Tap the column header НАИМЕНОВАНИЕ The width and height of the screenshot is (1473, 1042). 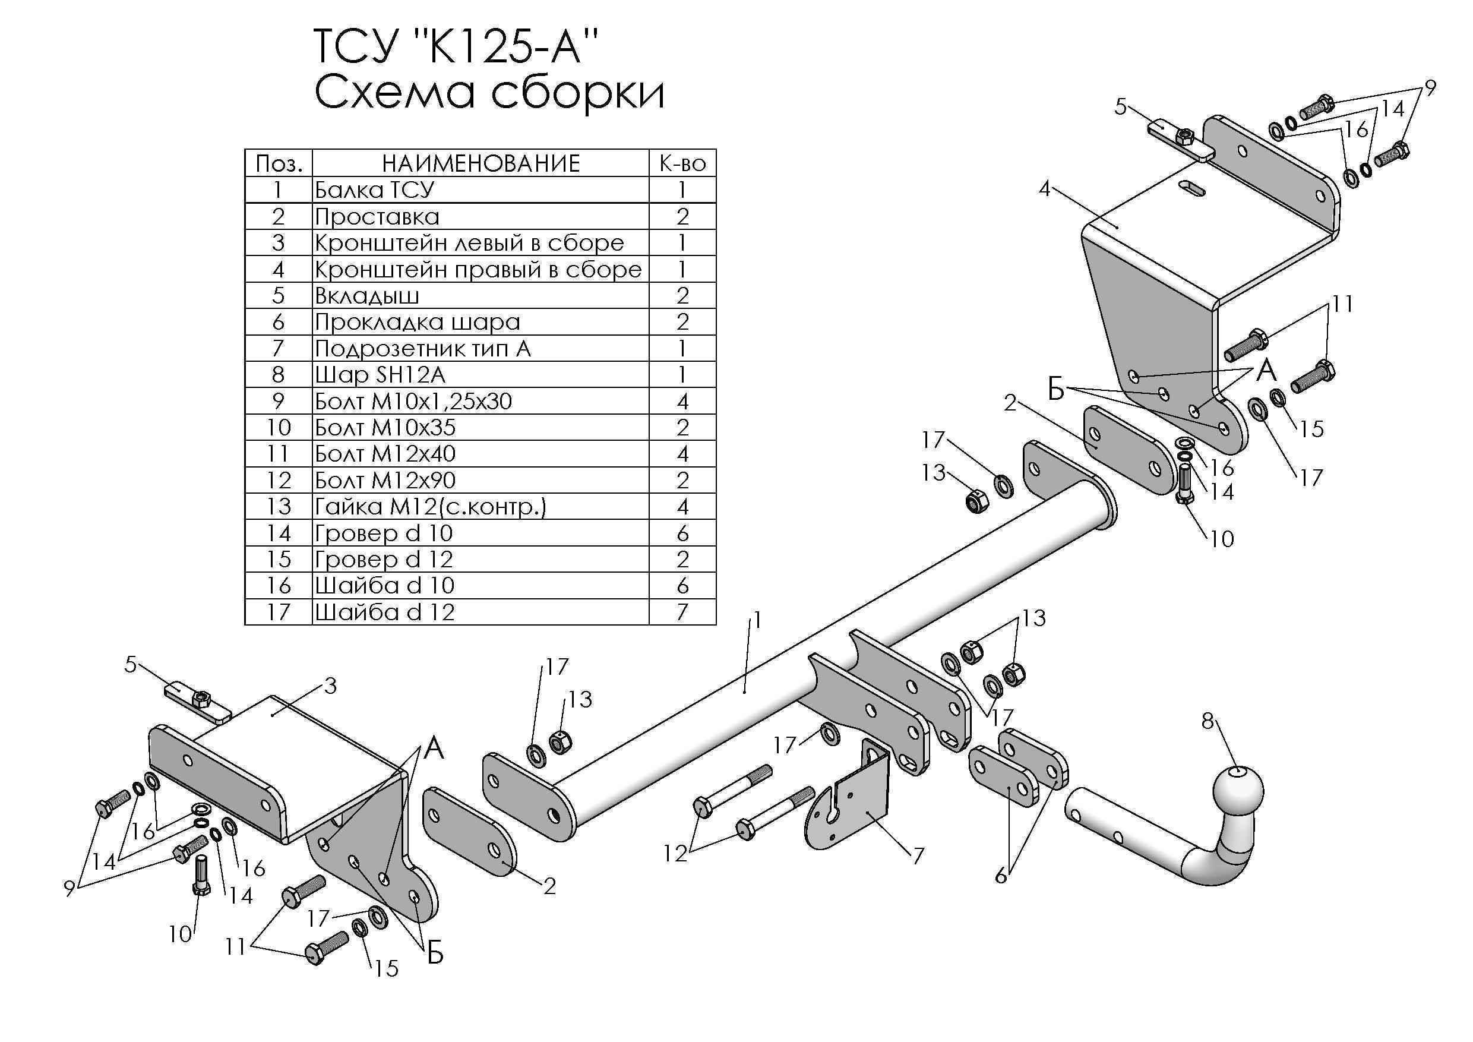pyautogui.click(x=481, y=163)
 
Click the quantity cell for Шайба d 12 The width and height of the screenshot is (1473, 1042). pyautogui.click(x=682, y=612)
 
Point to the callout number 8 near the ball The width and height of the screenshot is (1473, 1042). pyautogui.click(x=1208, y=721)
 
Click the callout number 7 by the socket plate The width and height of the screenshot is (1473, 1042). pyautogui.click(x=919, y=855)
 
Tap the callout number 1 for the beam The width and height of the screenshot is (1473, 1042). pyautogui.click(x=757, y=620)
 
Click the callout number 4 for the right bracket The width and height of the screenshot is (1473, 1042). pyautogui.click(x=1044, y=190)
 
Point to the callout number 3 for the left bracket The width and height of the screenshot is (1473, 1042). pyautogui.click(x=330, y=686)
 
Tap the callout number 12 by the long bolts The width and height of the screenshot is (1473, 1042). pyautogui.click(x=675, y=852)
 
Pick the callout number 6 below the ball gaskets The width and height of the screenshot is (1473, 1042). pyautogui.click(x=1001, y=875)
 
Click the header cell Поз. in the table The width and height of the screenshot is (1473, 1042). pyautogui.click(x=279, y=163)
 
